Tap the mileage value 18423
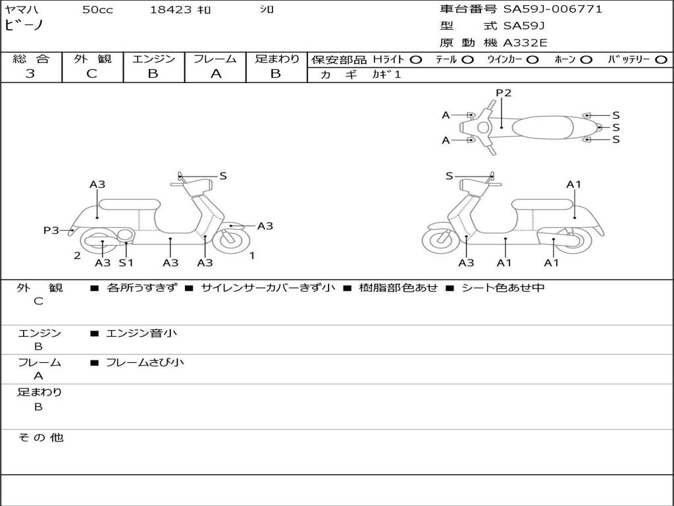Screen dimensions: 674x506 pyautogui.click(x=170, y=10)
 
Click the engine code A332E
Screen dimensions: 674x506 pyautogui.click(x=525, y=43)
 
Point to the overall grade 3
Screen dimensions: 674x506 pyautogui.click(x=30, y=74)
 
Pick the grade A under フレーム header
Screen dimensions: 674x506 pyautogui.click(x=215, y=74)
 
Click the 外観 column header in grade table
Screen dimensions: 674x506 pyautogui.click(x=92, y=59)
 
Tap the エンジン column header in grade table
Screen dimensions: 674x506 pyautogui.click(x=153, y=59)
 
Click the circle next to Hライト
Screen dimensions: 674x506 pyautogui.click(x=416, y=59)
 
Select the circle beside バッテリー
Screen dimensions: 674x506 pyautogui.click(x=661, y=59)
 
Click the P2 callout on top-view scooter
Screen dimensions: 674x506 pyautogui.click(x=504, y=93)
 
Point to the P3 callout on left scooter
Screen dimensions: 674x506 pyautogui.click(x=51, y=230)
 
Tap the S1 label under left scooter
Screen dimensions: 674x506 pyautogui.click(x=126, y=263)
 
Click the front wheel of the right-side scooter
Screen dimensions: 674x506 pyautogui.click(x=440, y=239)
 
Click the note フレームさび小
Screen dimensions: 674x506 pyautogui.click(x=145, y=362)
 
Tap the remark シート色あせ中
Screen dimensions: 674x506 pyautogui.click(x=503, y=288)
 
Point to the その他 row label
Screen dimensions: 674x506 pyautogui.click(x=40, y=437)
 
